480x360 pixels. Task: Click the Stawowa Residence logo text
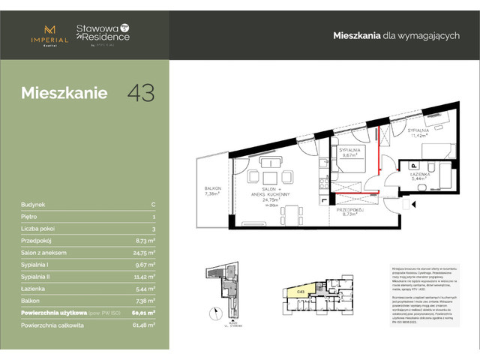(x=103, y=34)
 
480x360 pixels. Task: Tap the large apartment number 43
(x=141, y=93)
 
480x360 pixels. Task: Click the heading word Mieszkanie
(x=64, y=94)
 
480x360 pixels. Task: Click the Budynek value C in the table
(x=153, y=204)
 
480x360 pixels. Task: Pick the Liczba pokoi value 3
(x=153, y=228)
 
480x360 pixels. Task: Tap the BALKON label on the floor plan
(x=210, y=190)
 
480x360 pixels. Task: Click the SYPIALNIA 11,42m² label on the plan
(x=417, y=133)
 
